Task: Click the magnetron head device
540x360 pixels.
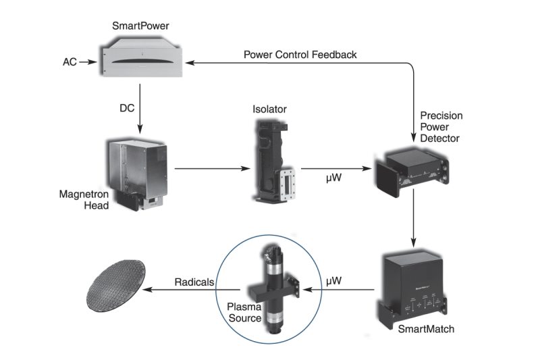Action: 138,172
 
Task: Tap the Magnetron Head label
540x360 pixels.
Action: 84,200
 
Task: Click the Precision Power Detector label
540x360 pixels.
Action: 441,126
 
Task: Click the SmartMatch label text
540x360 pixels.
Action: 425,329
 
